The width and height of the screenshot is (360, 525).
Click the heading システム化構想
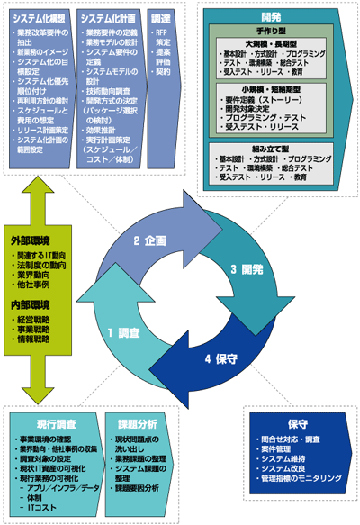39,17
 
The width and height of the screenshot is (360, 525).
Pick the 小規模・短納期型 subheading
273,91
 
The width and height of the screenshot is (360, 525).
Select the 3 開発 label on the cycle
247,269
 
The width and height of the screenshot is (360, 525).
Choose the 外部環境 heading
31,240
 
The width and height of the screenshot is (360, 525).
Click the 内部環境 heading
31,304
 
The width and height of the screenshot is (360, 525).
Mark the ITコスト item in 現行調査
43,509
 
